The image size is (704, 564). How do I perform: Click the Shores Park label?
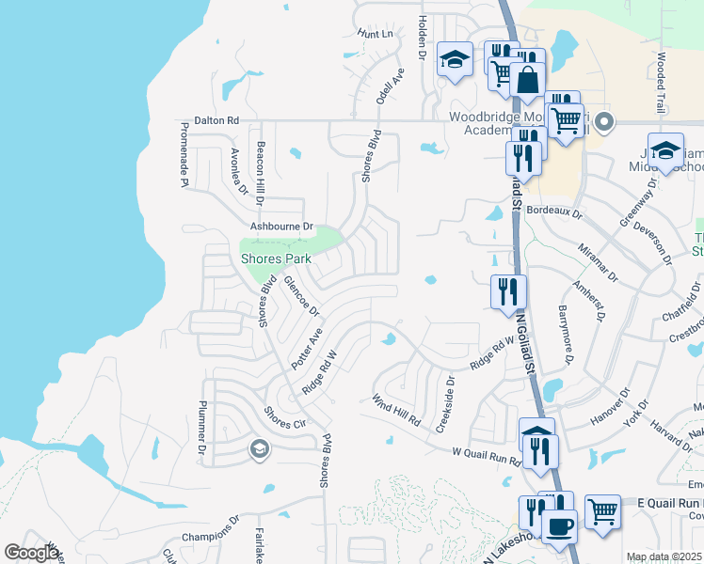[276, 258]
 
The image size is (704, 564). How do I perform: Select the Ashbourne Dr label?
[280, 227]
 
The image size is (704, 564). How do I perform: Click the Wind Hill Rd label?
[395, 410]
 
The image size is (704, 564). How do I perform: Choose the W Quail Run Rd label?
[487, 457]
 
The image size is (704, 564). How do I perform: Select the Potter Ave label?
[308, 347]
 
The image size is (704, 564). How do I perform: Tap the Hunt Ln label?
[375, 34]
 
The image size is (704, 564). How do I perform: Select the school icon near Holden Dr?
[456, 60]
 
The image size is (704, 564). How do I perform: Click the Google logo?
[32, 553]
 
